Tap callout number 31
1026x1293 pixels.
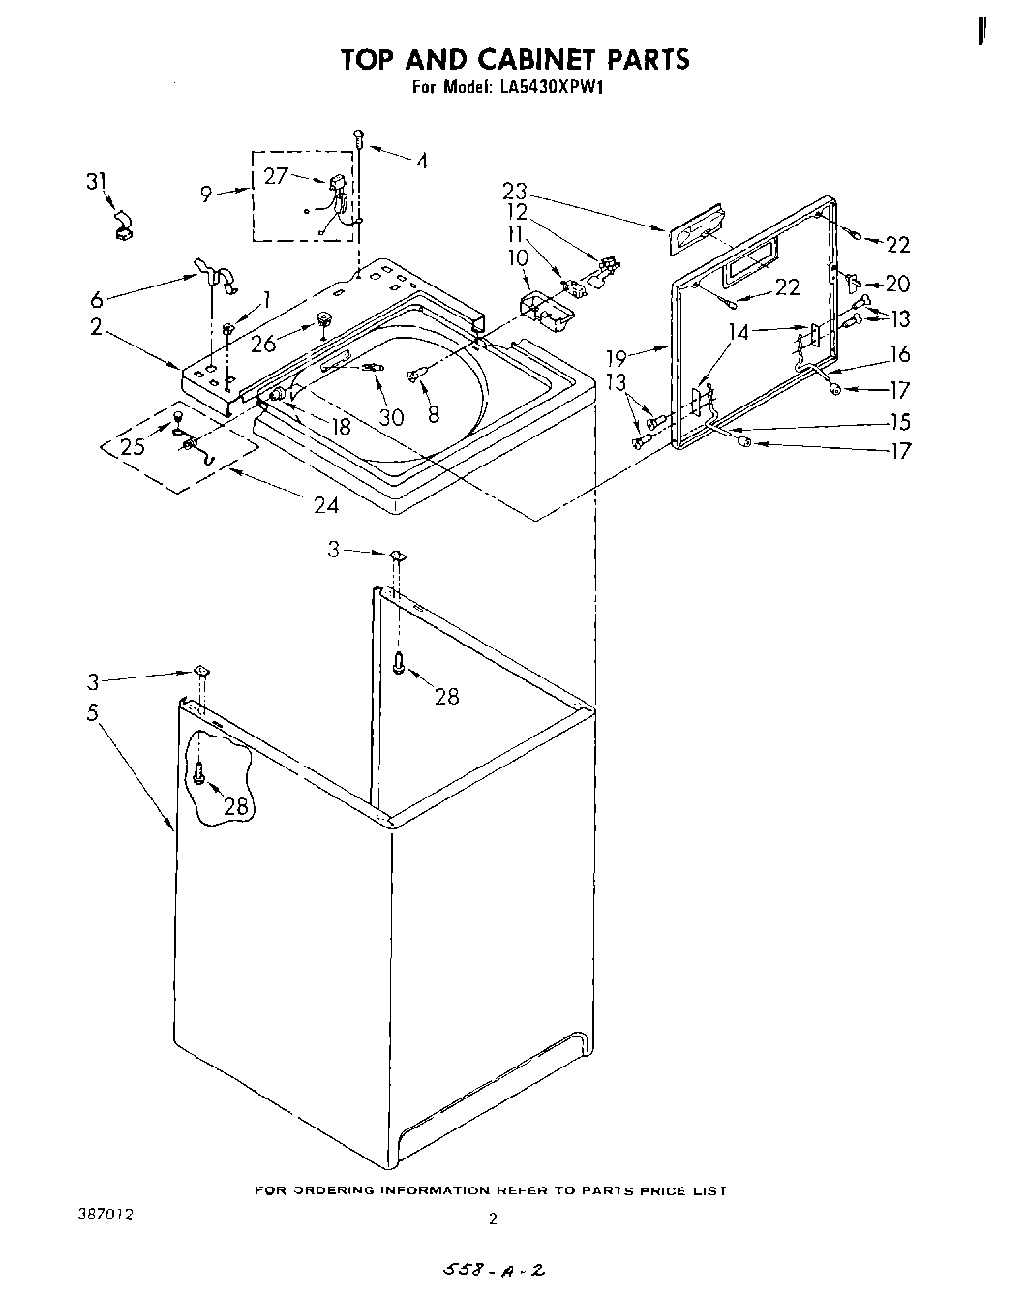(98, 180)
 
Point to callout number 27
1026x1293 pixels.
(276, 174)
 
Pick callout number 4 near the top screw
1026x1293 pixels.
(421, 162)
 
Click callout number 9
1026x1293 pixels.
(206, 194)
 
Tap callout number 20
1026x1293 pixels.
(898, 284)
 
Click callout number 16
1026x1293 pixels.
(900, 355)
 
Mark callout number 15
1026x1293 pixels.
(900, 421)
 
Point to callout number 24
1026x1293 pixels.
(326, 503)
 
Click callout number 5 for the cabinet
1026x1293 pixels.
(92, 712)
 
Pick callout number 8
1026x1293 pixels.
(433, 413)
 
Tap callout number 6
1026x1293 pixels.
(97, 300)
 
